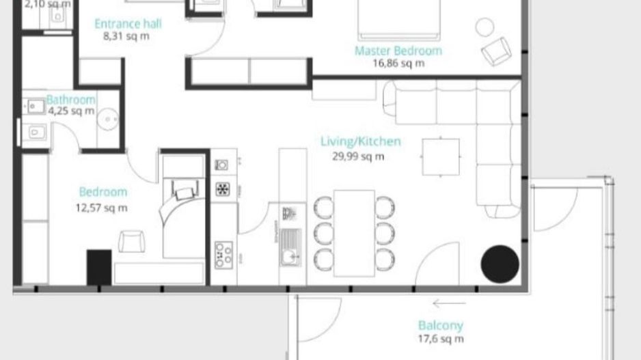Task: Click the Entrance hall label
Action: coord(128,24)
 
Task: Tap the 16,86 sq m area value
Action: coord(398,64)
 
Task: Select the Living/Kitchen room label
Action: coord(360,142)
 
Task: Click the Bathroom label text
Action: coord(71,100)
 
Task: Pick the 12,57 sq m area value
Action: coord(101,208)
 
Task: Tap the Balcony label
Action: coord(440,326)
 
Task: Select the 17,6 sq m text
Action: coord(441,339)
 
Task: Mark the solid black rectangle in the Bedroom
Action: coord(98,267)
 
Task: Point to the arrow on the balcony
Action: coord(449,304)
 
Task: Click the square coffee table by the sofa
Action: coord(441,157)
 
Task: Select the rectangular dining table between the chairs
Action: coord(354,232)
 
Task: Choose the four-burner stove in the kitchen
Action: coord(223,255)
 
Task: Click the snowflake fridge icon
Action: coord(223,189)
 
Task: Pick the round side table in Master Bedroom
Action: coord(485,27)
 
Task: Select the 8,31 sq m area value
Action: coord(126,37)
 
